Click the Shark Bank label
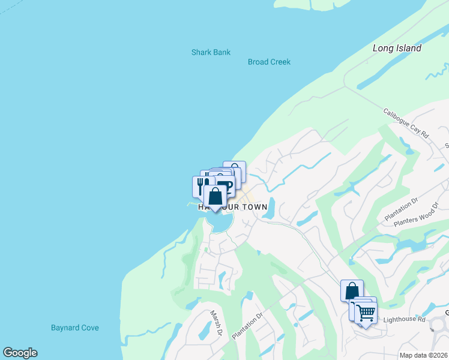[211, 52]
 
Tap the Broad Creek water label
[269, 62]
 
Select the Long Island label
[397, 48]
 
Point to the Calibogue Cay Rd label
[406, 123]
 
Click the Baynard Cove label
[75, 328]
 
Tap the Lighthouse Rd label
[403, 320]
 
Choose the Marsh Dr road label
[216, 323]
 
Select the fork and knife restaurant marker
[202, 186]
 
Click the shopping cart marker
[366, 311]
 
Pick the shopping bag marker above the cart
[352, 290]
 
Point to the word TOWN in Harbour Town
[253, 206]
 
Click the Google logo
[20, 353]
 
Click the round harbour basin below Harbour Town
[220, 223]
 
